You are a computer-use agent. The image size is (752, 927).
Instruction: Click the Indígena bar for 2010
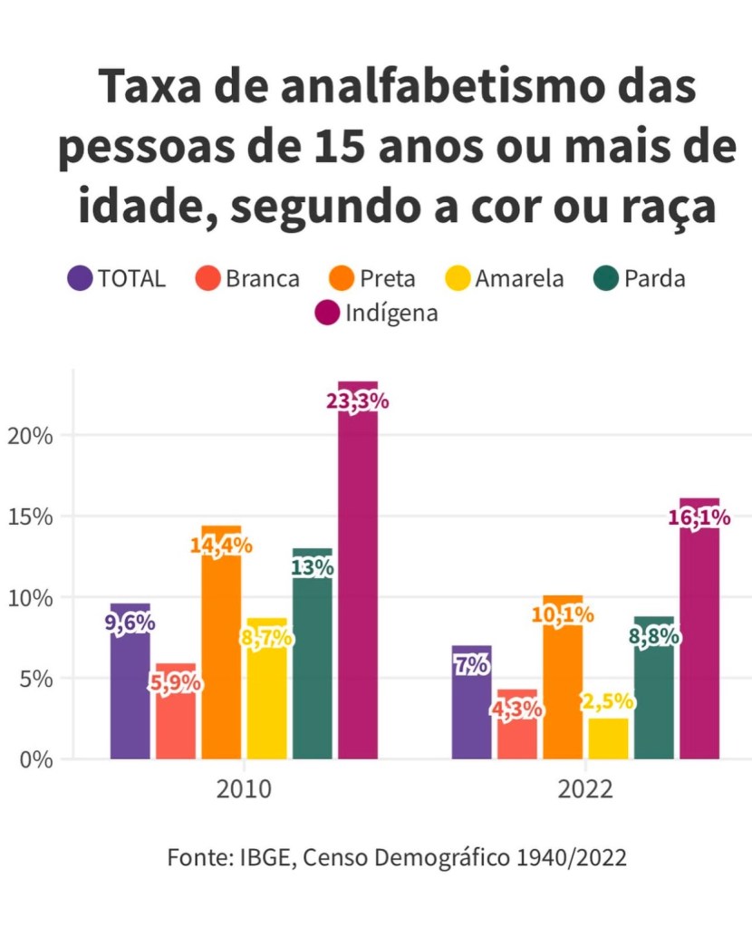coord(358,580)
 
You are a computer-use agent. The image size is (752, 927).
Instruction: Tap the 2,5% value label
coord(608,702)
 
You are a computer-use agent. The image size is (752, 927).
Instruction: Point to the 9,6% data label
coord(130,623)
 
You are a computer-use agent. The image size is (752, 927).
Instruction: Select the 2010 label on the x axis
coord(244,789)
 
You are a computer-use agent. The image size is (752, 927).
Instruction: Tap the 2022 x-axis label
coord(585,789)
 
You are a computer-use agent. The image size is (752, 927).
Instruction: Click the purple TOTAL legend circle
coord(80,277)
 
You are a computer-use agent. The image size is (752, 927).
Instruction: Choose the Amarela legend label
coord(518,278)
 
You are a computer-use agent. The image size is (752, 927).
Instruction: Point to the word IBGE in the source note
coord(264,857)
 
